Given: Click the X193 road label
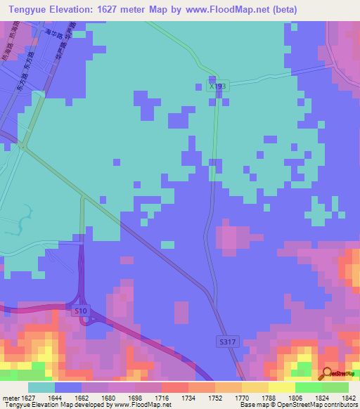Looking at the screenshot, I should [218, 86].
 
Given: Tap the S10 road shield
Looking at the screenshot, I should [81, 310].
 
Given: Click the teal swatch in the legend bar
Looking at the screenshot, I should [41, 387].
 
